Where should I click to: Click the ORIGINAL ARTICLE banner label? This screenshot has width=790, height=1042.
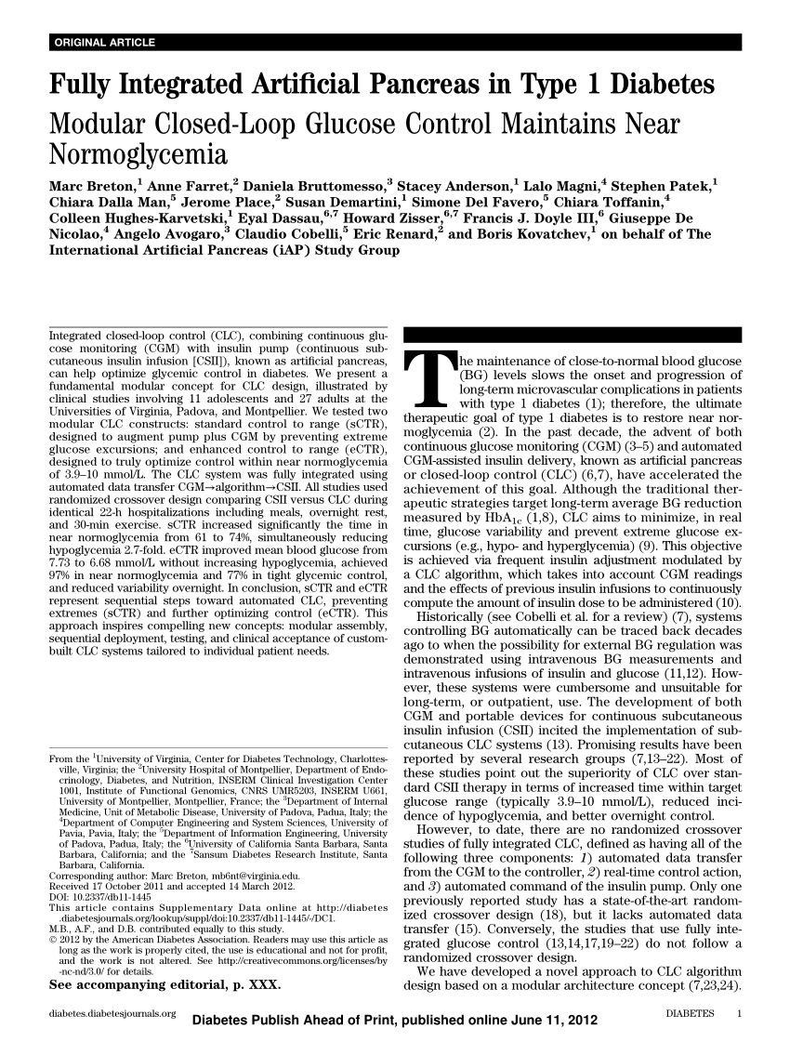(x=105, y=43)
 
